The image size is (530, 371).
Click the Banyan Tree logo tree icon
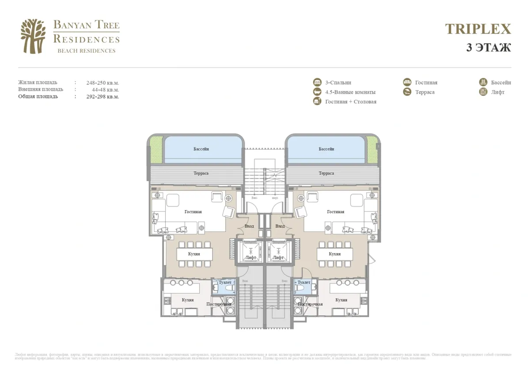[33, 36]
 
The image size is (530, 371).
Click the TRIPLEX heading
[478, 29]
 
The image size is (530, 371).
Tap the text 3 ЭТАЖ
[488, 48]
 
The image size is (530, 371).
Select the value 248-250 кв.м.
[102, 83]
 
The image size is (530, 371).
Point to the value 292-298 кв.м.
[102, 97]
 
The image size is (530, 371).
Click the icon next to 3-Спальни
[317, 83]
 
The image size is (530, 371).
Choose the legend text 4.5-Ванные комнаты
[350, 92]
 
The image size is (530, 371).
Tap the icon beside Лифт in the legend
[483, 92]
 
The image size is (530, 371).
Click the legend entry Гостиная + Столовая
[351, 102]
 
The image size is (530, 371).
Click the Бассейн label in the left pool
[201, 149]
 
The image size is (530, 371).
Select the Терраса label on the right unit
[326, 174]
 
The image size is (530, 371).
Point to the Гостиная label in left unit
[193, 212]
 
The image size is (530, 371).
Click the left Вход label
[249, 226]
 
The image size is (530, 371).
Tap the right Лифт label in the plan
[278, 257]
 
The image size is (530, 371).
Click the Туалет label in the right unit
[304, 282]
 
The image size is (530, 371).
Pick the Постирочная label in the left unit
[219, 304]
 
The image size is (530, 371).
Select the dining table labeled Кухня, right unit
[334, 254]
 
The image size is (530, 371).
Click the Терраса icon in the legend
[407, 92]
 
